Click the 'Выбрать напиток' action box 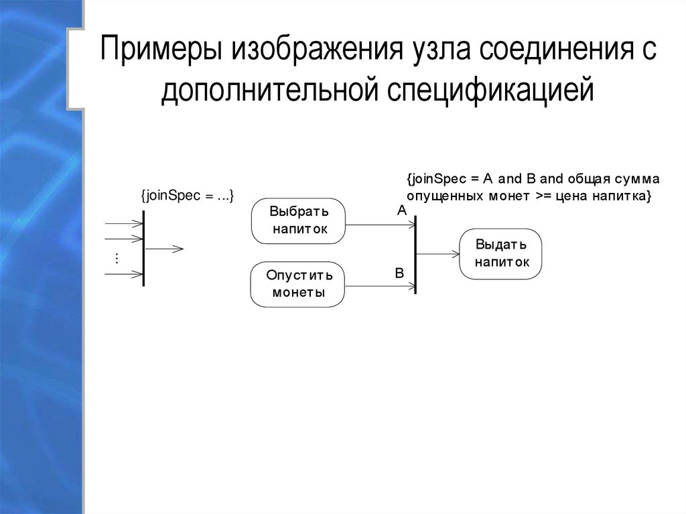click(x=298, y=221)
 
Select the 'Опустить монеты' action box click(x=297, y=284)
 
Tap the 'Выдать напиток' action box click(x=500, y=253)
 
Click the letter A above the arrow click(x=402, y=210)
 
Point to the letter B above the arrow click(x=399, y=273)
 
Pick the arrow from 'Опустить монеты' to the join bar click(x=379, y=286)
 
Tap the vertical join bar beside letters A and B click(x=416, y=255)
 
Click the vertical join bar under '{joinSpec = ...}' click(x=143, y=249)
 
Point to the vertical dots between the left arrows click(x=117, y=258)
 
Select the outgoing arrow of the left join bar click(x=163, y=249)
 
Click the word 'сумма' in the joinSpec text click(x=637, y=179)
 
